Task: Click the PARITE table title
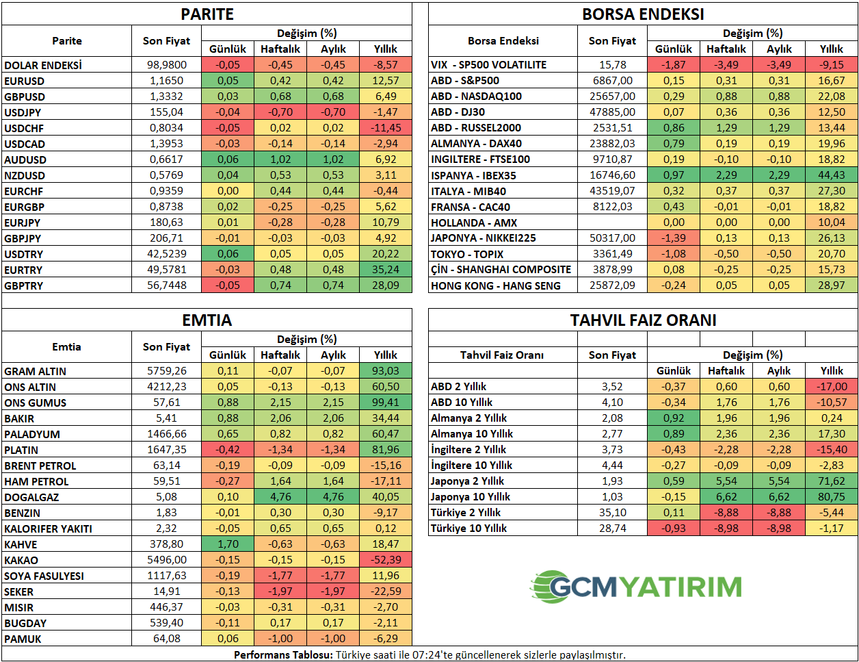pos(207,14)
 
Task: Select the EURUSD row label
pos(25,81)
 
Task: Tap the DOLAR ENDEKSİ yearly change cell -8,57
pos(386,65)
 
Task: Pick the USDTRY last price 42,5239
pos(167,254)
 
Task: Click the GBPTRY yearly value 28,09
pos(386,285)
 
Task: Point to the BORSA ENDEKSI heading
pos(643,14)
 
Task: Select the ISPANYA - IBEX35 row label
pos(473,175)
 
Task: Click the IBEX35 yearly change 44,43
pos(832,175)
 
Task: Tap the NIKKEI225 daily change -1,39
pos(674,238)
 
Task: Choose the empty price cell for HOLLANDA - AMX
pos(612,222)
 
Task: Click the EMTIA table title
pos(207,320)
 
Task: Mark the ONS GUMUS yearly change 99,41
pos(386,403)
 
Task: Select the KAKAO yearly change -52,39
pos(386,560)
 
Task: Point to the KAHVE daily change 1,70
pos(228,544)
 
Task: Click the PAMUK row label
pos(23,639)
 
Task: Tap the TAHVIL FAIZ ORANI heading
pos(643,320)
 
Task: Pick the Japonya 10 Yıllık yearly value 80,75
pos(832,497)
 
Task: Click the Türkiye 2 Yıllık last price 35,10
pos(612,513)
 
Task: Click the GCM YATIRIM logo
pos(636,587)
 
